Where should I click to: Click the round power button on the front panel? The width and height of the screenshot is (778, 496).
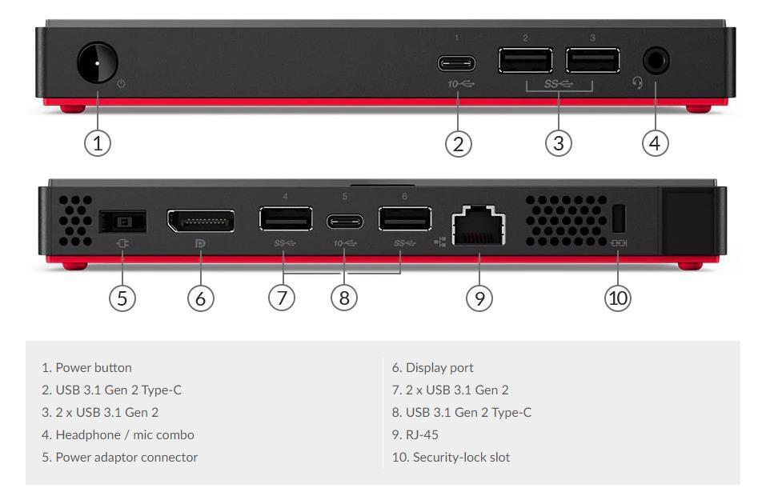(x=98, y=63)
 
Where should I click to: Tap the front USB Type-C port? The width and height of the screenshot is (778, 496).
(x=456, y=64)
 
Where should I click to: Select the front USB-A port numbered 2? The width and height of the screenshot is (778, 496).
(x=525, y=61)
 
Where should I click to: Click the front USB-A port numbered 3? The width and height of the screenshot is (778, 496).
(x=592, y=61)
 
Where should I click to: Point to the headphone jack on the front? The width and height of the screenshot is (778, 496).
(x=656, y=61)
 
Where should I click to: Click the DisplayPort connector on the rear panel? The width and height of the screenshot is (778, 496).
(x=200, y=221)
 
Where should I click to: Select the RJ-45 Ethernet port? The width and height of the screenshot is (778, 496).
(x=479, y=226)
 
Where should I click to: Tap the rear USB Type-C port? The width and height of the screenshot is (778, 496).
(x=345, y=222)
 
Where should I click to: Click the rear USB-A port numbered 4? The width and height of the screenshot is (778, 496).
(x=286, y=218)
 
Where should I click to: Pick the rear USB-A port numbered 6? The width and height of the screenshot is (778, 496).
(x=405, y=218)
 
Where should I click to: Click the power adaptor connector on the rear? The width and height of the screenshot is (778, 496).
(x=122, y=222)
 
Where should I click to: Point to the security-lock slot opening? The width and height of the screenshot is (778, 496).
(x=619, y=218)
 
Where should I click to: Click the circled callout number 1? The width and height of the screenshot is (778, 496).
(x=98, y=143)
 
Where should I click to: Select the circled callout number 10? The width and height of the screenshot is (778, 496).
(x=618, y=298)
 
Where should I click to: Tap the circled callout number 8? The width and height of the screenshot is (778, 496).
(x=344, y=298)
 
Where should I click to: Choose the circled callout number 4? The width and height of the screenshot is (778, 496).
(x=655, y=143)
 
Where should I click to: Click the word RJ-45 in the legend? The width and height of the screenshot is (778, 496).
(x=422, y=435)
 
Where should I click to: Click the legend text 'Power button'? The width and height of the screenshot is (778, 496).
(x=94, y=367)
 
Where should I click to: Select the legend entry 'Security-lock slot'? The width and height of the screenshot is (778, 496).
(x=451, y=458)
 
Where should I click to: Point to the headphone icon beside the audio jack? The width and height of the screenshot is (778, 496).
(x=638, y=82)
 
